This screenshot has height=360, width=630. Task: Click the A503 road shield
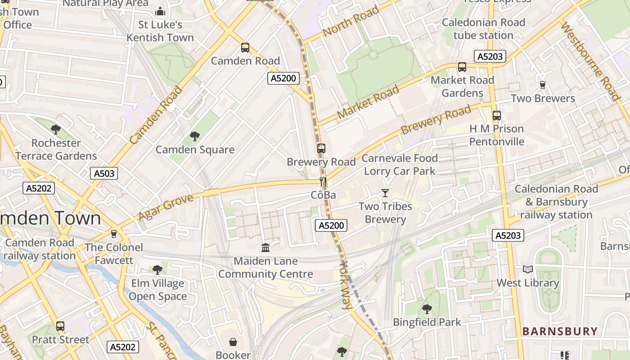(104, 173)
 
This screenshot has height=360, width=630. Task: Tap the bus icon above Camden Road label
(245, 47)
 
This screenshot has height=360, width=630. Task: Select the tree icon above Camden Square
(195, 136)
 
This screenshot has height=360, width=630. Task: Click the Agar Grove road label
(166, 207)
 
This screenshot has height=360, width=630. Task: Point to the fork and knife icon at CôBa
(323, 182)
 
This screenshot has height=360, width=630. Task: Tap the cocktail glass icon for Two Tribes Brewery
(385, 193)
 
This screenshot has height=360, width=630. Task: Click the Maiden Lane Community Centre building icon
(265, 247)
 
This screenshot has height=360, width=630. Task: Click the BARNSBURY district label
(560, 332)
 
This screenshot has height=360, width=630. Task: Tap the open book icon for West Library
(528, 269)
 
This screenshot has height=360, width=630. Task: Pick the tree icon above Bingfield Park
(427, 309)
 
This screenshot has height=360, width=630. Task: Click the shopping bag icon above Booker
(233, 342)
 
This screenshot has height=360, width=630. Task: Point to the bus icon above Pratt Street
(60, 326)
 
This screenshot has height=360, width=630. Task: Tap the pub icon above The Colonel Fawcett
(114, 234)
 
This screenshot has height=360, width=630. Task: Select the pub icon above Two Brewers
(543, 85)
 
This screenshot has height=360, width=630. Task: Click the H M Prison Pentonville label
(496, 135)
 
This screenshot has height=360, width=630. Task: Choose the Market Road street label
(368, 102)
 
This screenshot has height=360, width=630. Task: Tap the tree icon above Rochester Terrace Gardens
(56, 130)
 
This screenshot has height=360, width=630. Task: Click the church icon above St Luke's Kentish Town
(160, 11)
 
